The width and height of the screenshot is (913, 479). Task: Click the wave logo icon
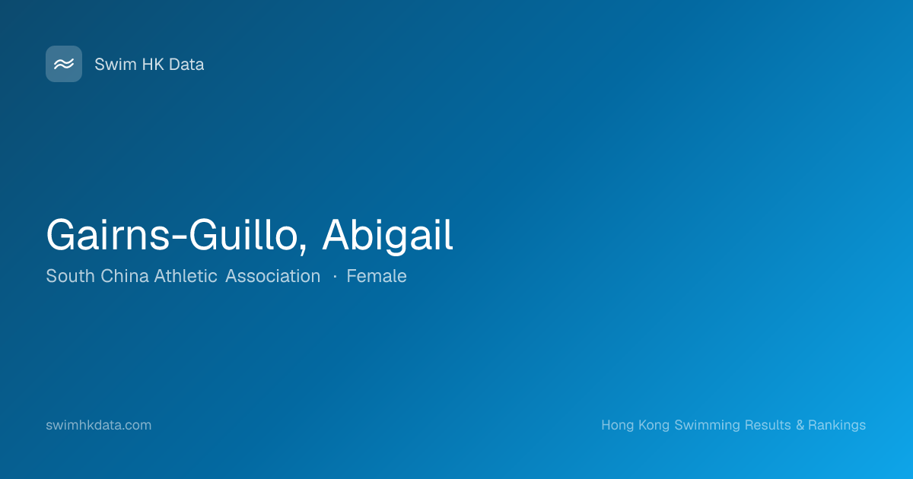point(64,64)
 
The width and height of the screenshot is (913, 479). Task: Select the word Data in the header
point(186,65)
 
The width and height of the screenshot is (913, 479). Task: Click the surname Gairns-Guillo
point(173,236)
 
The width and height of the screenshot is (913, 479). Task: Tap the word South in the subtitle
point(70,276)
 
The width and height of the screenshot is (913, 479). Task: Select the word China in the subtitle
point(124,276)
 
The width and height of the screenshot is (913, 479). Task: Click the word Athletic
point(186,276)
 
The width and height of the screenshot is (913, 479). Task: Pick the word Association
point(272,276)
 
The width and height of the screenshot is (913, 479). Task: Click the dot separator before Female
point(335,277)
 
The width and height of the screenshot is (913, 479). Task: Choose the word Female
point(376,276)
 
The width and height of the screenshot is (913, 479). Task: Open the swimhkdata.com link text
point(99,425)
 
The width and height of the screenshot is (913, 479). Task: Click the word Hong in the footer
point(618,425)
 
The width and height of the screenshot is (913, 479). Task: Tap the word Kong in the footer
point(654,425)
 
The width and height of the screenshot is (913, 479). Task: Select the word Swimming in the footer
point(707,425)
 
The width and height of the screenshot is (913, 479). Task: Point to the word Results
point(768,425)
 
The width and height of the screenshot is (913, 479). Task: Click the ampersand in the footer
point(800,425)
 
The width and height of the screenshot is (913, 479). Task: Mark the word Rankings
point(837,425)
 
